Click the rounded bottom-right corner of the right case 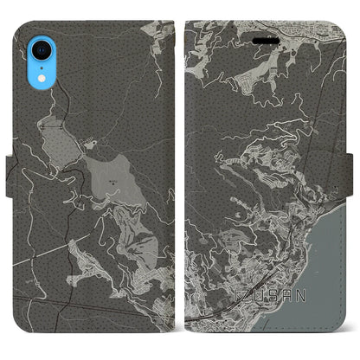(x=341, y=334)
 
